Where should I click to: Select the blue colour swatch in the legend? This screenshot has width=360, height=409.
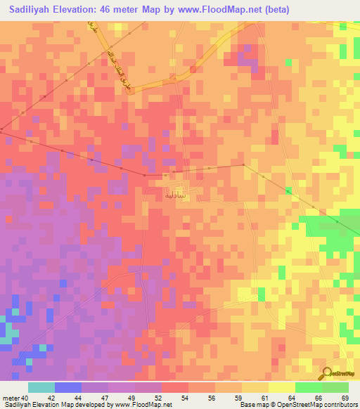tap(68, 387)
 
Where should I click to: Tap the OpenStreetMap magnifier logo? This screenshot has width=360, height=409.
tap(326, 374)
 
